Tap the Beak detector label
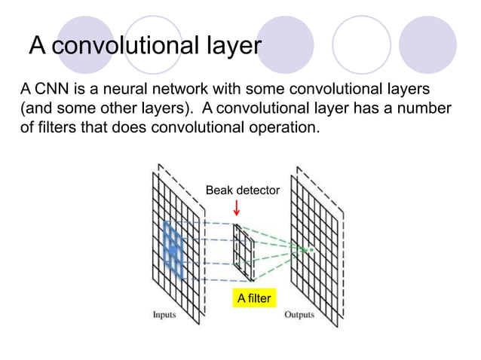242,191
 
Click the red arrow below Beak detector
237,208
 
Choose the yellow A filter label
253,299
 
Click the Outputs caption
299,314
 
